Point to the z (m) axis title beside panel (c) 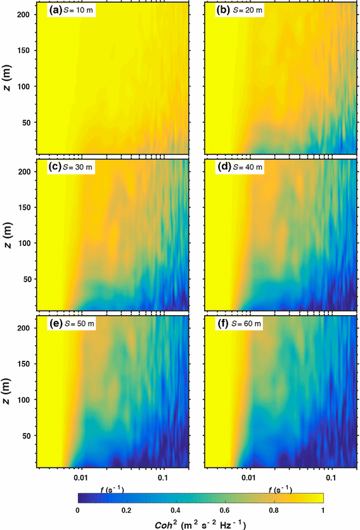point(8,235)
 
